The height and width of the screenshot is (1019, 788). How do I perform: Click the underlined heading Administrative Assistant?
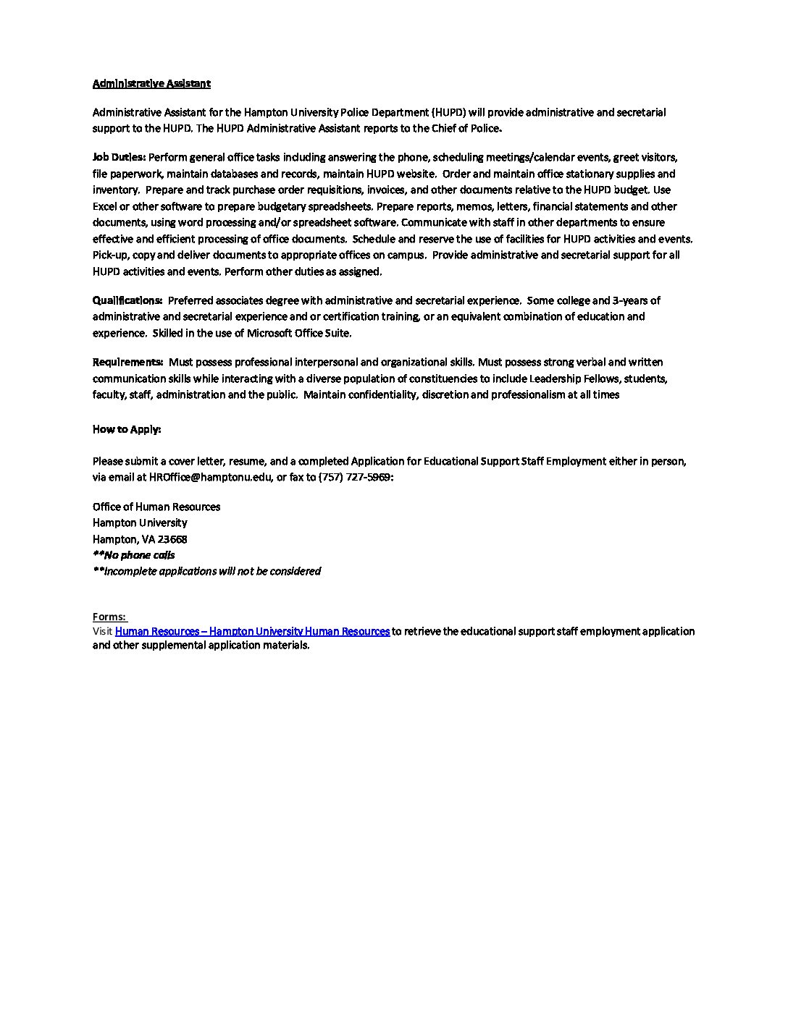151,83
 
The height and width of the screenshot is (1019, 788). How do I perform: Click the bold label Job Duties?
119,157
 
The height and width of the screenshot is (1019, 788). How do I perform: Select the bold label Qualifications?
127,300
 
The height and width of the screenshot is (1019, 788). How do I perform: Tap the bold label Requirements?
127,362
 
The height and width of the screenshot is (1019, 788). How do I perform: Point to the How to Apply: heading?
127,429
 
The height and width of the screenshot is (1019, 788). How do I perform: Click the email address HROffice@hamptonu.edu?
211,477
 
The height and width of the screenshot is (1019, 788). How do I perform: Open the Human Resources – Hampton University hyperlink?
252,631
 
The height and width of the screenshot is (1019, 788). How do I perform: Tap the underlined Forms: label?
109,617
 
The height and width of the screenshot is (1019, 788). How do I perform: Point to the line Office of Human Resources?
156,507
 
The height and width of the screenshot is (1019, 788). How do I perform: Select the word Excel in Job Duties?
104,206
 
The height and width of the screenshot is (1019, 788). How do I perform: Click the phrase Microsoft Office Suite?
298,333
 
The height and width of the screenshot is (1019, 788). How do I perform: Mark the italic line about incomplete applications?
207,571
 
